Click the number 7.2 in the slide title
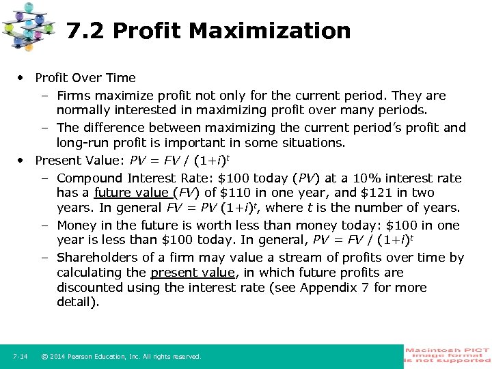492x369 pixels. [87, 31]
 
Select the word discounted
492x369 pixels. [91, 288]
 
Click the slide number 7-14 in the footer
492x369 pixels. [20, 357]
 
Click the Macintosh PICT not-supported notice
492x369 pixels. [448, 356]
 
